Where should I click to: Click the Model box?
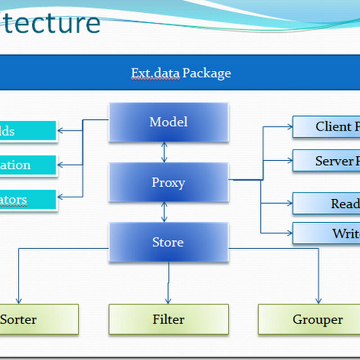coord(168,122)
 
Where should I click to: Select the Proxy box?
coord(168,182)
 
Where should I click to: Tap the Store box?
coord(168,243)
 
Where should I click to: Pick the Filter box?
coord(168,319)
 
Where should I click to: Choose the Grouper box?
coord(317,319)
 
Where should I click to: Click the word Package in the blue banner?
coord(207,73)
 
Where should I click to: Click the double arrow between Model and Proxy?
coord(164,153)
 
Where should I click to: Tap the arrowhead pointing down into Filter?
coord(168,300)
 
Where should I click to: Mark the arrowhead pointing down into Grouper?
coord(319,300)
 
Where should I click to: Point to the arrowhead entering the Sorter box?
coord(18,300)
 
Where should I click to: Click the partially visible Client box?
coord(327,127)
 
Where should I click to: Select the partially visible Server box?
coord(327,161)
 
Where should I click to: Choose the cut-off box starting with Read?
coord(327,203)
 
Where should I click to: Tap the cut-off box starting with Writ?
coord(327,233)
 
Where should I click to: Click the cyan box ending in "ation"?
coord(28,165)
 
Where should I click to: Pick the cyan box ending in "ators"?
coord(28,200)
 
